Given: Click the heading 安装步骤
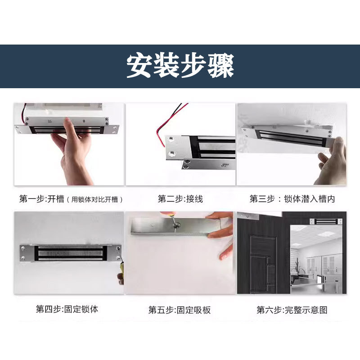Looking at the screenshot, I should tap(180, 66).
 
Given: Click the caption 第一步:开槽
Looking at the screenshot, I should tap(42, 198).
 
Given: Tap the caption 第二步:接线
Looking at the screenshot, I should tap(180, 198).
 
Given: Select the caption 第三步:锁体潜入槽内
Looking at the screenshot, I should tap(292, 198).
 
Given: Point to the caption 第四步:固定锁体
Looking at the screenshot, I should tap(67, 309).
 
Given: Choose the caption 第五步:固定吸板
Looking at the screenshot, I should tap(180, 310).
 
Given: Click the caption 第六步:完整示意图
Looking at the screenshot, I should tap(292, 310).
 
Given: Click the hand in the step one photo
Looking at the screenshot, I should tap(72, 153).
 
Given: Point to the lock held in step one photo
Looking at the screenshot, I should tap(67, 126).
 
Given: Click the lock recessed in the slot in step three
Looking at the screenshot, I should tap(290, 137).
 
